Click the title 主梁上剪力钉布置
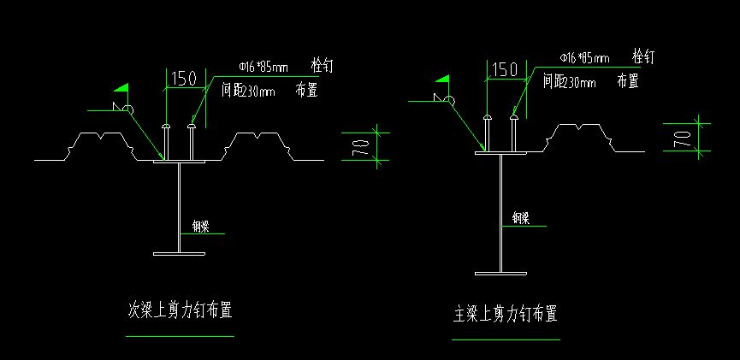(505, 315)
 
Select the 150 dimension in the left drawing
(184, 79)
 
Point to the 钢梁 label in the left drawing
(201, 227)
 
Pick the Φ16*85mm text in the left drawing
(263, 65)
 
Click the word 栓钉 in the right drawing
(643, 56)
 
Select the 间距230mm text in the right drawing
(569, 82)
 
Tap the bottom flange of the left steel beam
(180, 254)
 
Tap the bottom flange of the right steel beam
(500, 274)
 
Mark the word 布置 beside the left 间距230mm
(306, 90)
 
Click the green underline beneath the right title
(505, 339)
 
